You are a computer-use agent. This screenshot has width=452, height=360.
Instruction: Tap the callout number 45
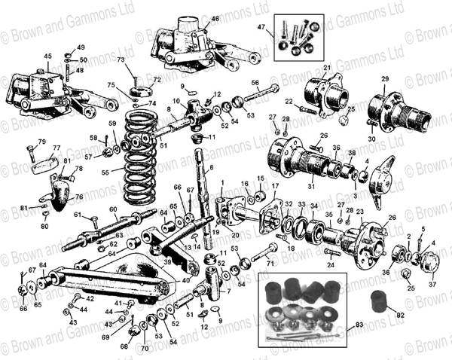coord(47,56)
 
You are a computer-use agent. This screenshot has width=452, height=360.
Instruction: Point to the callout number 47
coord(261,28)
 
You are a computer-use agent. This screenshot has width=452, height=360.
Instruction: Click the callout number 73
coord(121,59)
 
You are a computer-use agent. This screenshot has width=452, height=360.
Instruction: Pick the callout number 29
coord(384,79)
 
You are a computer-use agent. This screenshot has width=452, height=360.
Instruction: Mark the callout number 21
coord(328,69)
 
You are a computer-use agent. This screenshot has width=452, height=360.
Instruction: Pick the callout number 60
coord(112,209)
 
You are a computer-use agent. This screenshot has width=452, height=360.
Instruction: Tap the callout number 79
coord(42,142)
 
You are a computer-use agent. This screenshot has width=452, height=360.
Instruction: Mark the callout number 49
coord(81,47)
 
